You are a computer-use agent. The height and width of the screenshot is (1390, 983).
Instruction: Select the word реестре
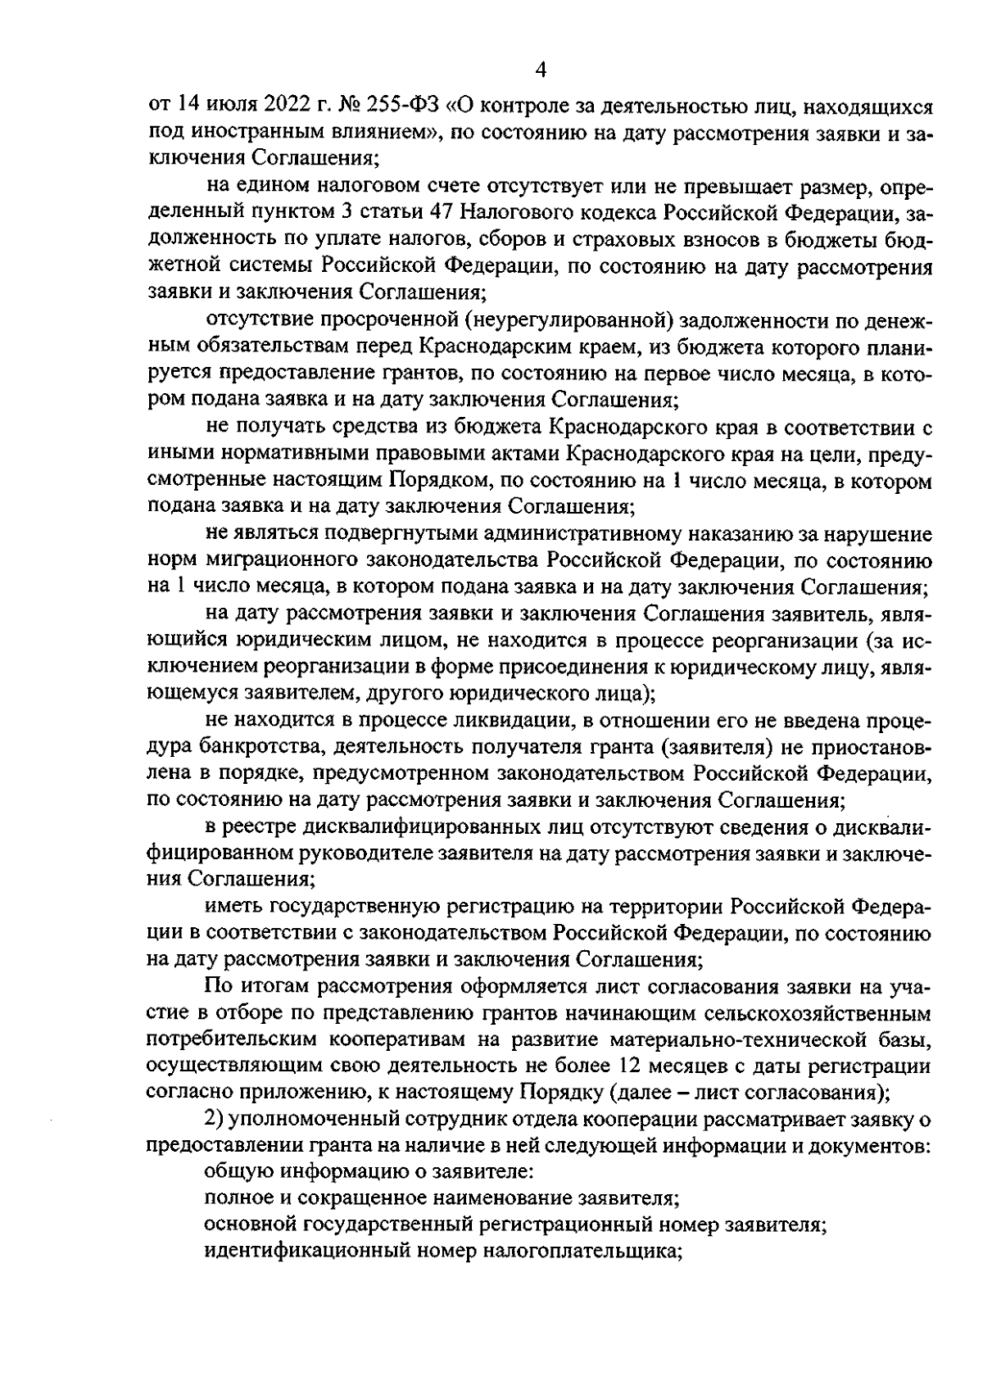(267, 826)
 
